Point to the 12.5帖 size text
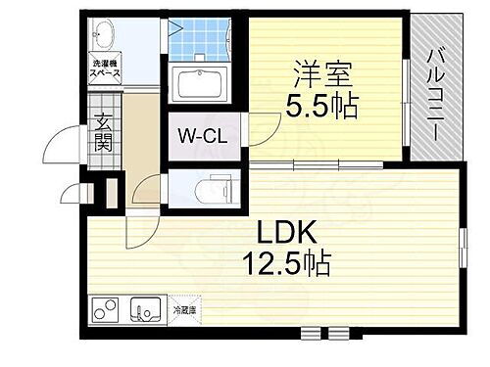click(285, 262)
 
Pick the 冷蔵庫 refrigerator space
click(184, 310)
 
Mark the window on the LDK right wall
click(461, 244)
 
